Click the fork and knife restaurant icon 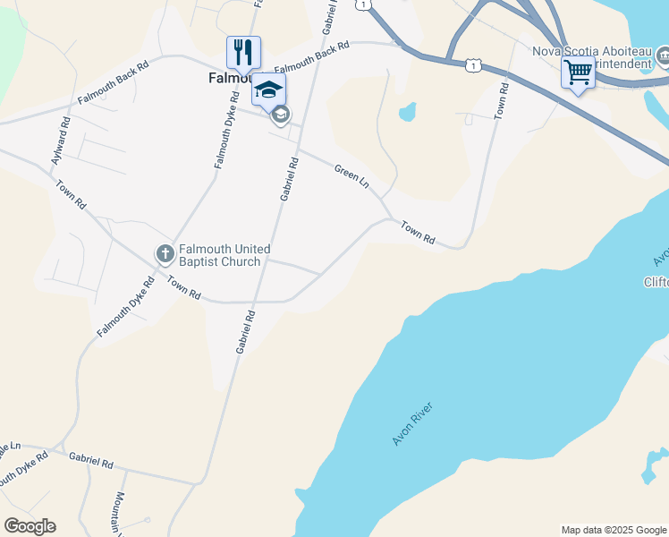coord(243,52)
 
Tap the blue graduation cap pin coord(268,89)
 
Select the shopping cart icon coord(578,72)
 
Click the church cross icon coord(165,254)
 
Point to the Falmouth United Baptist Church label coord(224,255)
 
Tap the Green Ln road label coord(351,175)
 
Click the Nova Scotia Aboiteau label coord(590,51)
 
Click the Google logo coord(30,526)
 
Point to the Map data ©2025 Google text coord(613,530)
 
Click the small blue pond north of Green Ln coord(407,112)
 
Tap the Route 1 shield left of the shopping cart coord(472,65)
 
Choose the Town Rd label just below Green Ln coord(417,234)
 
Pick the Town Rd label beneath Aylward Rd coord(71,194)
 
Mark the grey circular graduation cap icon coord(280,114)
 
